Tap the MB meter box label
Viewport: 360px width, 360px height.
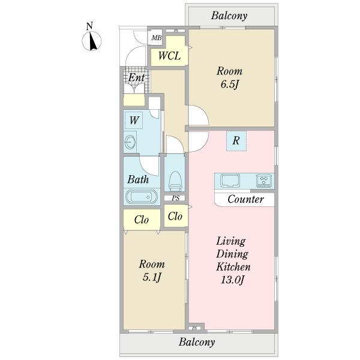click(x=157, y=38)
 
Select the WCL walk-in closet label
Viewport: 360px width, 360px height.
click(x=169, y=56)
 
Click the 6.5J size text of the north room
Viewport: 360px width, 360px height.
click(x=230, y=85)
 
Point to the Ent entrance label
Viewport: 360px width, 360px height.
click(x=136, y=77)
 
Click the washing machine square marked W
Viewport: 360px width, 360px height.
click(x=134, y=120)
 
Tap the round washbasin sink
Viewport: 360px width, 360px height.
click(x=130, y=142)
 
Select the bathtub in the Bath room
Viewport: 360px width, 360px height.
click(x=142, y=197)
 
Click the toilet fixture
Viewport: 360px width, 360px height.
click(x=175, y=181)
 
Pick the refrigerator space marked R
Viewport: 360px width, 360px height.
click(x=236, y=141)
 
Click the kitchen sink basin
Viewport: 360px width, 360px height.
click(x=230, y=180)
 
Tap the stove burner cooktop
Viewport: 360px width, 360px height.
click(x=264, y=181)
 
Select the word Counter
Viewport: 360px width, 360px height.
click(x=245, y=199)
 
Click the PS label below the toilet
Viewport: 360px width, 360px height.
click(x=176, y=198)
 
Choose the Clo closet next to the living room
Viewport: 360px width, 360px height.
click(x=175, y=216)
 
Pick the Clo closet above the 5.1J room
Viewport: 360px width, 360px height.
click(x=142, y=220)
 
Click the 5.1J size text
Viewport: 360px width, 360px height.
click(x=152, y=277)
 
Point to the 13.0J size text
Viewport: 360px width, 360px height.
click(x=233, y=280)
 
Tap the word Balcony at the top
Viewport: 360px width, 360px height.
click(x=229, y=16)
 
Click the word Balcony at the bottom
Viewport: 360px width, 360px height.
click(x=197, y=342)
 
